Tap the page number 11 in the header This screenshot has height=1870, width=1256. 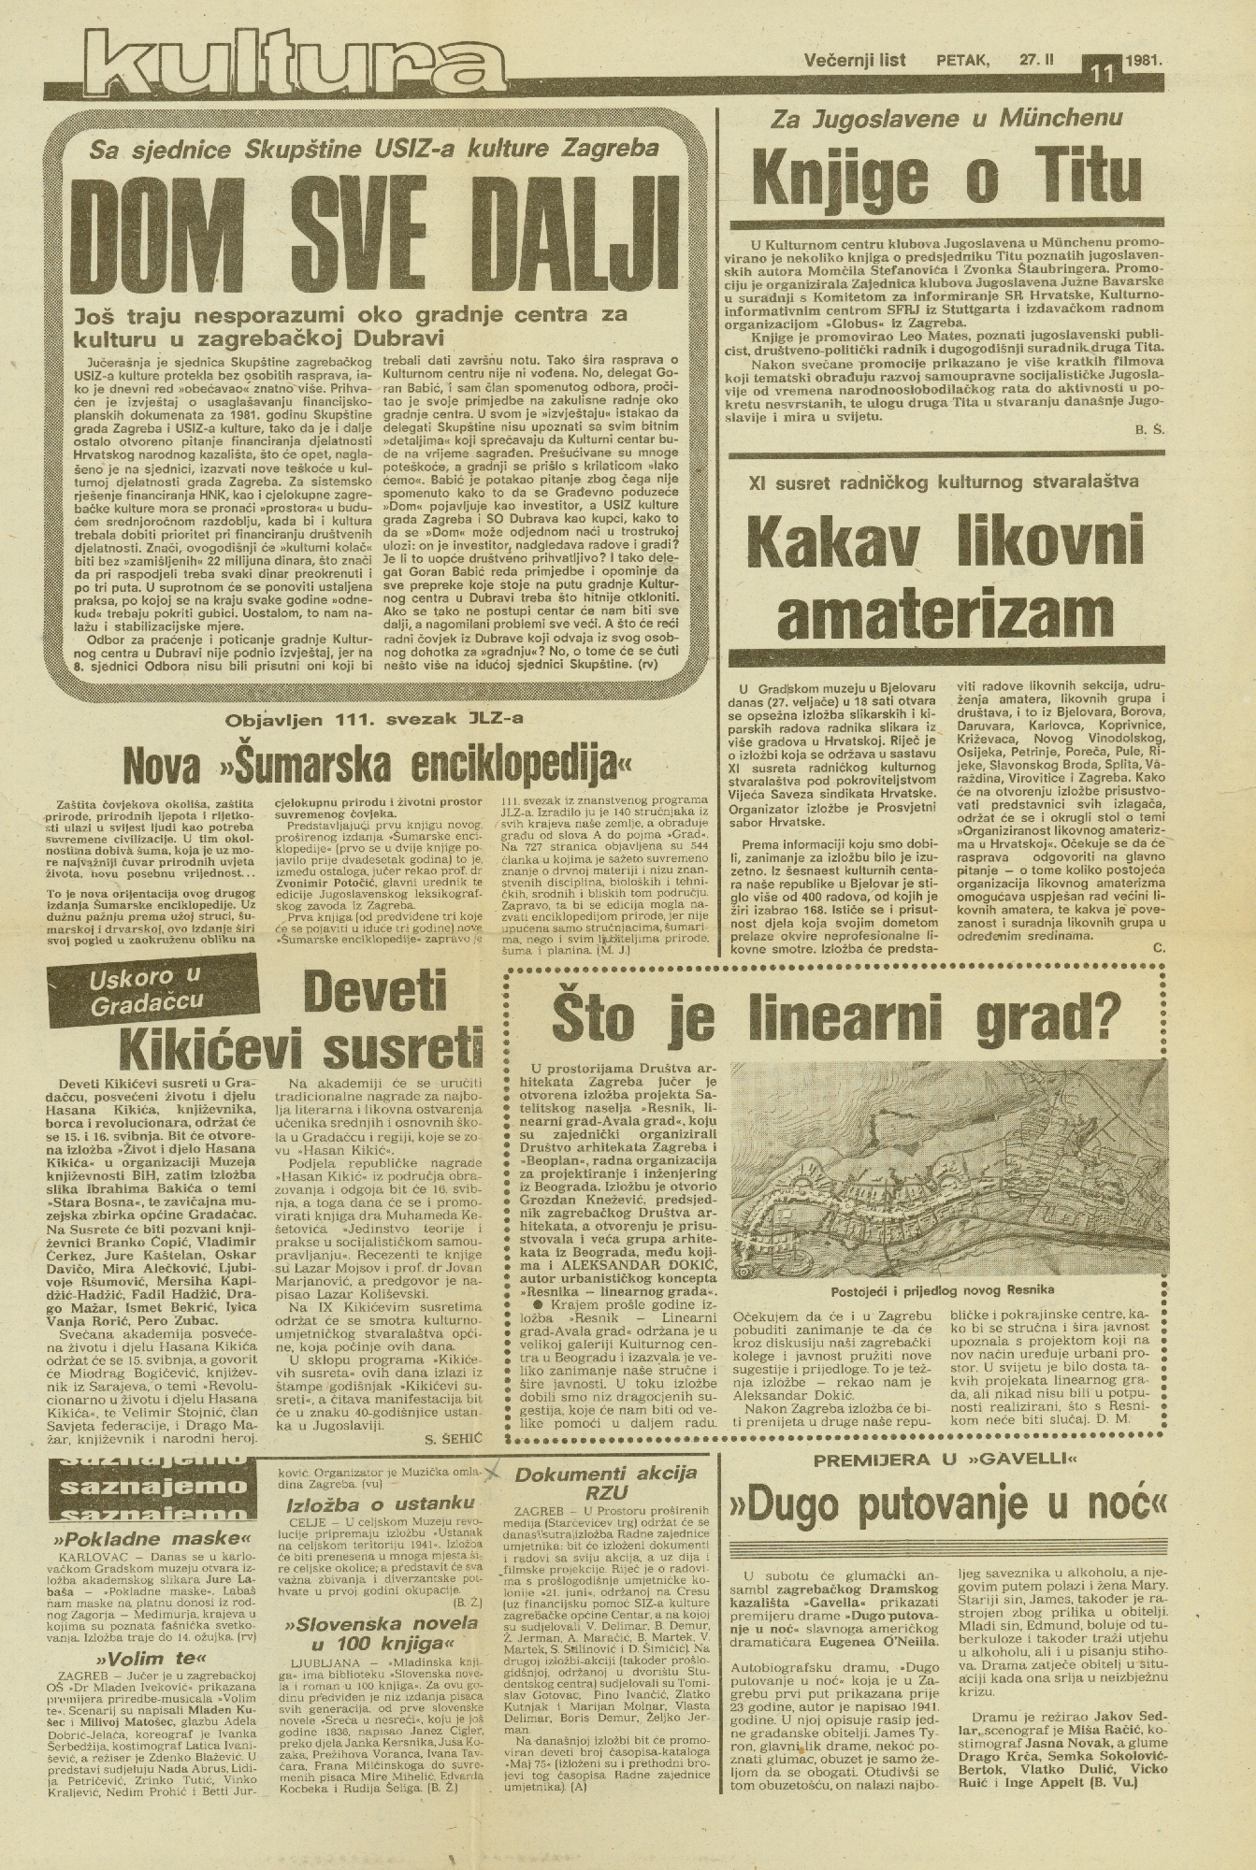(1102, 72)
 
